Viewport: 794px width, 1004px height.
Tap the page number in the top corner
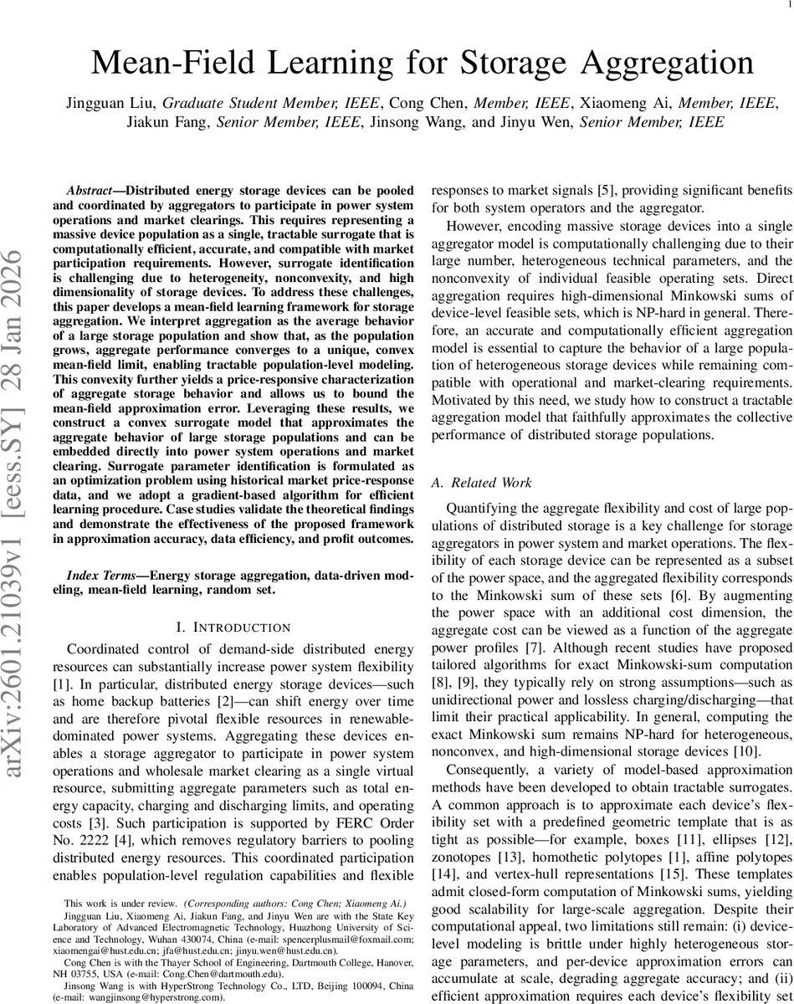[x=788, y=6]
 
